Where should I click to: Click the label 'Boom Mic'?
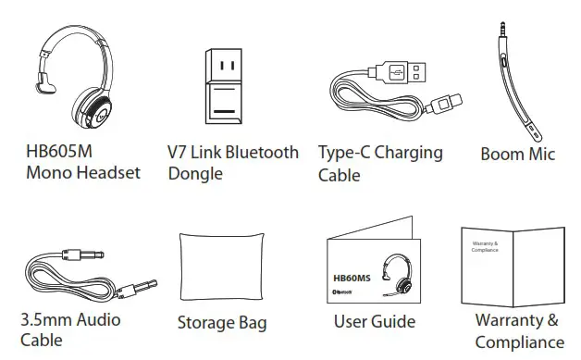coord(517,155)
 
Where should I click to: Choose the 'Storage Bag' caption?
coord(222,323)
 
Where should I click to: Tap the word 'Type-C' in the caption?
coord(346,153)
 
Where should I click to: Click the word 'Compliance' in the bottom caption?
coord(519,343)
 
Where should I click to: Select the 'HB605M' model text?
coord(57,152)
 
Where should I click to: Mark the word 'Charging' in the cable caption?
coord(408,153)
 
